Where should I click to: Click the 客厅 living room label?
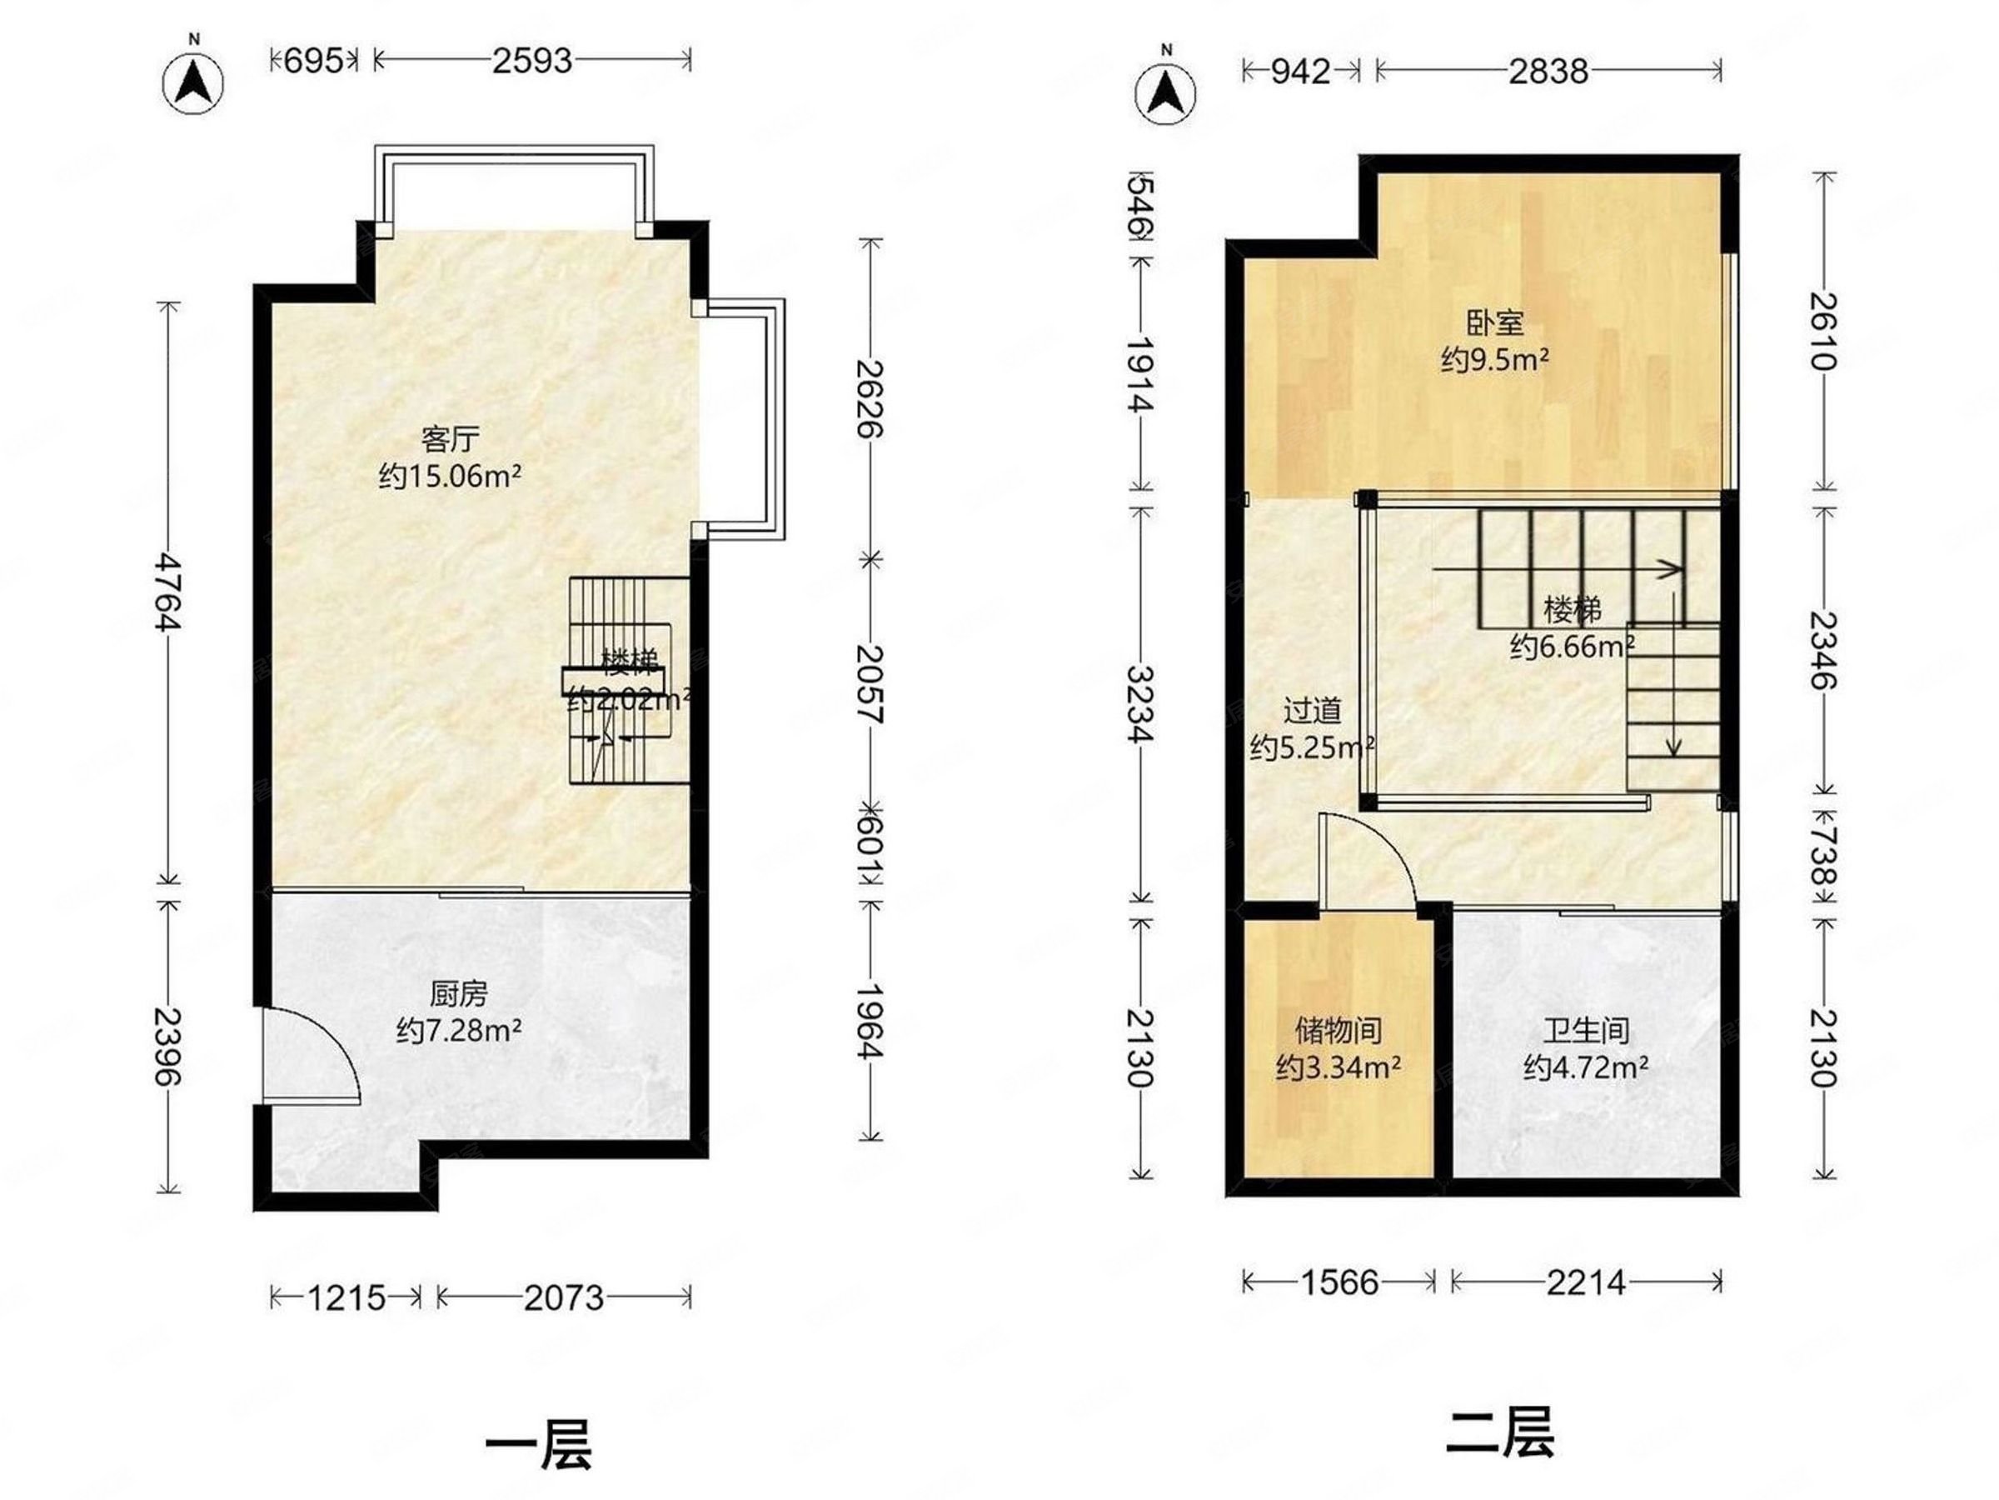point(449,439)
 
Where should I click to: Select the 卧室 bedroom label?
point(1495,322)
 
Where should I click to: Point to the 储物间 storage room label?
point(1338,1030)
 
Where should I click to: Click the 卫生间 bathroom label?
point(1586,1030)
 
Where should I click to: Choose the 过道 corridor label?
point(1312,712)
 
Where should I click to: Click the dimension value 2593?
point(531,61)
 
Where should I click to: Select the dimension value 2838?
point(1548,72)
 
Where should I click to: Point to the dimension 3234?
point(1140,704)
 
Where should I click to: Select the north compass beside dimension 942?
point(1166,92)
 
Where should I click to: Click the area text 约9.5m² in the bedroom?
point(1495,361)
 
